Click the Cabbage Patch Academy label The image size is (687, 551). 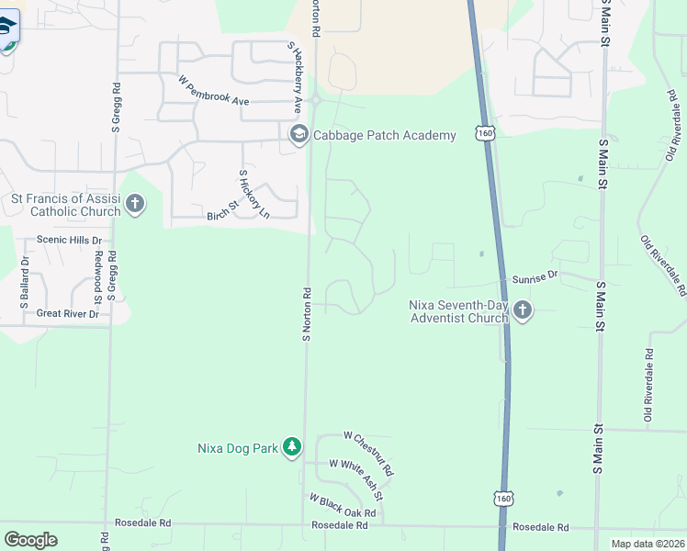[x=385, y=136]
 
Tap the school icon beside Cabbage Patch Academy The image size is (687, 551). [x=298, y=135]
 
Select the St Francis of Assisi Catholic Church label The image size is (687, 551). [x=65, y=205]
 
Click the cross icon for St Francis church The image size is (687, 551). [x=135, y=203]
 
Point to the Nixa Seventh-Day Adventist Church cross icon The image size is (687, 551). [x=523, y=311]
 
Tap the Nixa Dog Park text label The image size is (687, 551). [x=237, y=449]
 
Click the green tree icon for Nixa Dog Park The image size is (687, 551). [x=292, y=447]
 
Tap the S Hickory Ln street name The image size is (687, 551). [x=254, y=194]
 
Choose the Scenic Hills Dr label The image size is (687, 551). [x=69, y=240]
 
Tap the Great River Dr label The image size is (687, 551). [x=67, y=314]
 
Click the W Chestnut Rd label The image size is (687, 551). [x=368, y=452]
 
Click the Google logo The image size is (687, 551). [x=31, y=540]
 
